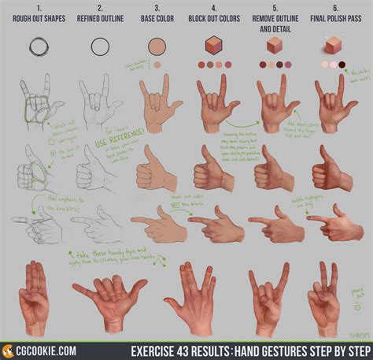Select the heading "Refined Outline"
tap(99, 20)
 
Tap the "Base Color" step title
tap(157, 20)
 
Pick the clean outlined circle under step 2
tap(100, 46)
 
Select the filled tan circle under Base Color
tap(157, 46)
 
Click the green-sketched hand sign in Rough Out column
tap(36, 102)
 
